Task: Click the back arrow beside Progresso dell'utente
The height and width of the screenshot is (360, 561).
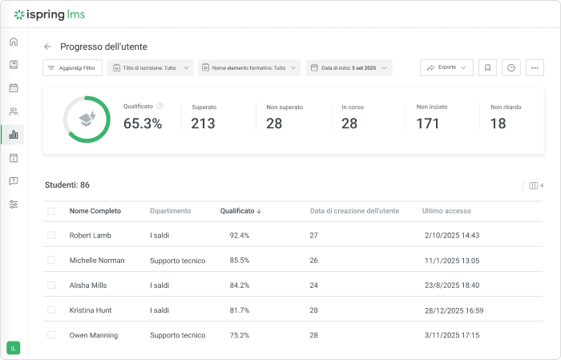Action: pos(47,47)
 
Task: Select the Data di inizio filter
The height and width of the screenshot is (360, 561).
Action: pos(349,68)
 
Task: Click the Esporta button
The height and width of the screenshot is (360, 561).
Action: pos(446,68)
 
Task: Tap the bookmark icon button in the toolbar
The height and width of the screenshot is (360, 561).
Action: pos(487,68)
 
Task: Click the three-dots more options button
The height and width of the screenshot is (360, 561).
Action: pos(535,68)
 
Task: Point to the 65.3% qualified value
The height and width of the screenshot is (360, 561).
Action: pos(143,123)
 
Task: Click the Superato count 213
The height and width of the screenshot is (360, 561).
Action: pos(203,123)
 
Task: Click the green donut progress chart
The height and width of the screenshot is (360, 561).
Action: pos(87,119)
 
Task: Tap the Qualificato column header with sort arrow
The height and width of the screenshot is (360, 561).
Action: pos(240,211)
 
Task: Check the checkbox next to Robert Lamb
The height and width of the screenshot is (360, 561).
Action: pos(51,236)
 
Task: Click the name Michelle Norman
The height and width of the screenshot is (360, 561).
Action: pos(97,261)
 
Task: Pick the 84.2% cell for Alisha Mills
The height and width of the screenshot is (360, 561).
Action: pos(240,285)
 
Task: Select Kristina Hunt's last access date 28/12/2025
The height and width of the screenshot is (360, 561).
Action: pos(452,310)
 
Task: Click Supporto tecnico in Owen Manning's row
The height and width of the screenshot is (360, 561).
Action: pos(177,335)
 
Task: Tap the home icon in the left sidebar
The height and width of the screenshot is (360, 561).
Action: pos(14,42)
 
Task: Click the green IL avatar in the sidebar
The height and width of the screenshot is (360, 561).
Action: pos(14,347)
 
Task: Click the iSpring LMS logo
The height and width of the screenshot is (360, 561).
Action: pos(50,14)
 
